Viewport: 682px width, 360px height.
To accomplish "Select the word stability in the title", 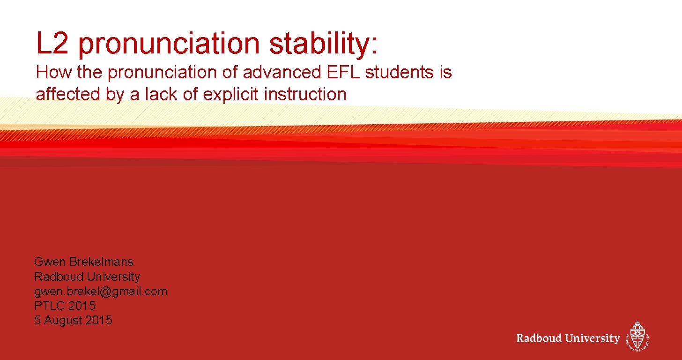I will click(323, 44).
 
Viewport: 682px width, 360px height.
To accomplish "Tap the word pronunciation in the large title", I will click(169, 44).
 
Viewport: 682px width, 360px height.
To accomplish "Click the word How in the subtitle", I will click(49, 73).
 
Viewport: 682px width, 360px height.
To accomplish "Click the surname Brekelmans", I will click(103, 262).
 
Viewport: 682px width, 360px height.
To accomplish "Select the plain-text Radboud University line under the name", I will click(87, 277).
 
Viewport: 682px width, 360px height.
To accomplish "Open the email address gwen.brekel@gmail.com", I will click(100, 291).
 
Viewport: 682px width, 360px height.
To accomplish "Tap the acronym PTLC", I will click(50, 306).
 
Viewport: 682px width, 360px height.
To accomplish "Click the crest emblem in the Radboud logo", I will click(638, 336).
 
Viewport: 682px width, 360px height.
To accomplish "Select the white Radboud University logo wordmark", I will click(568, 338).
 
